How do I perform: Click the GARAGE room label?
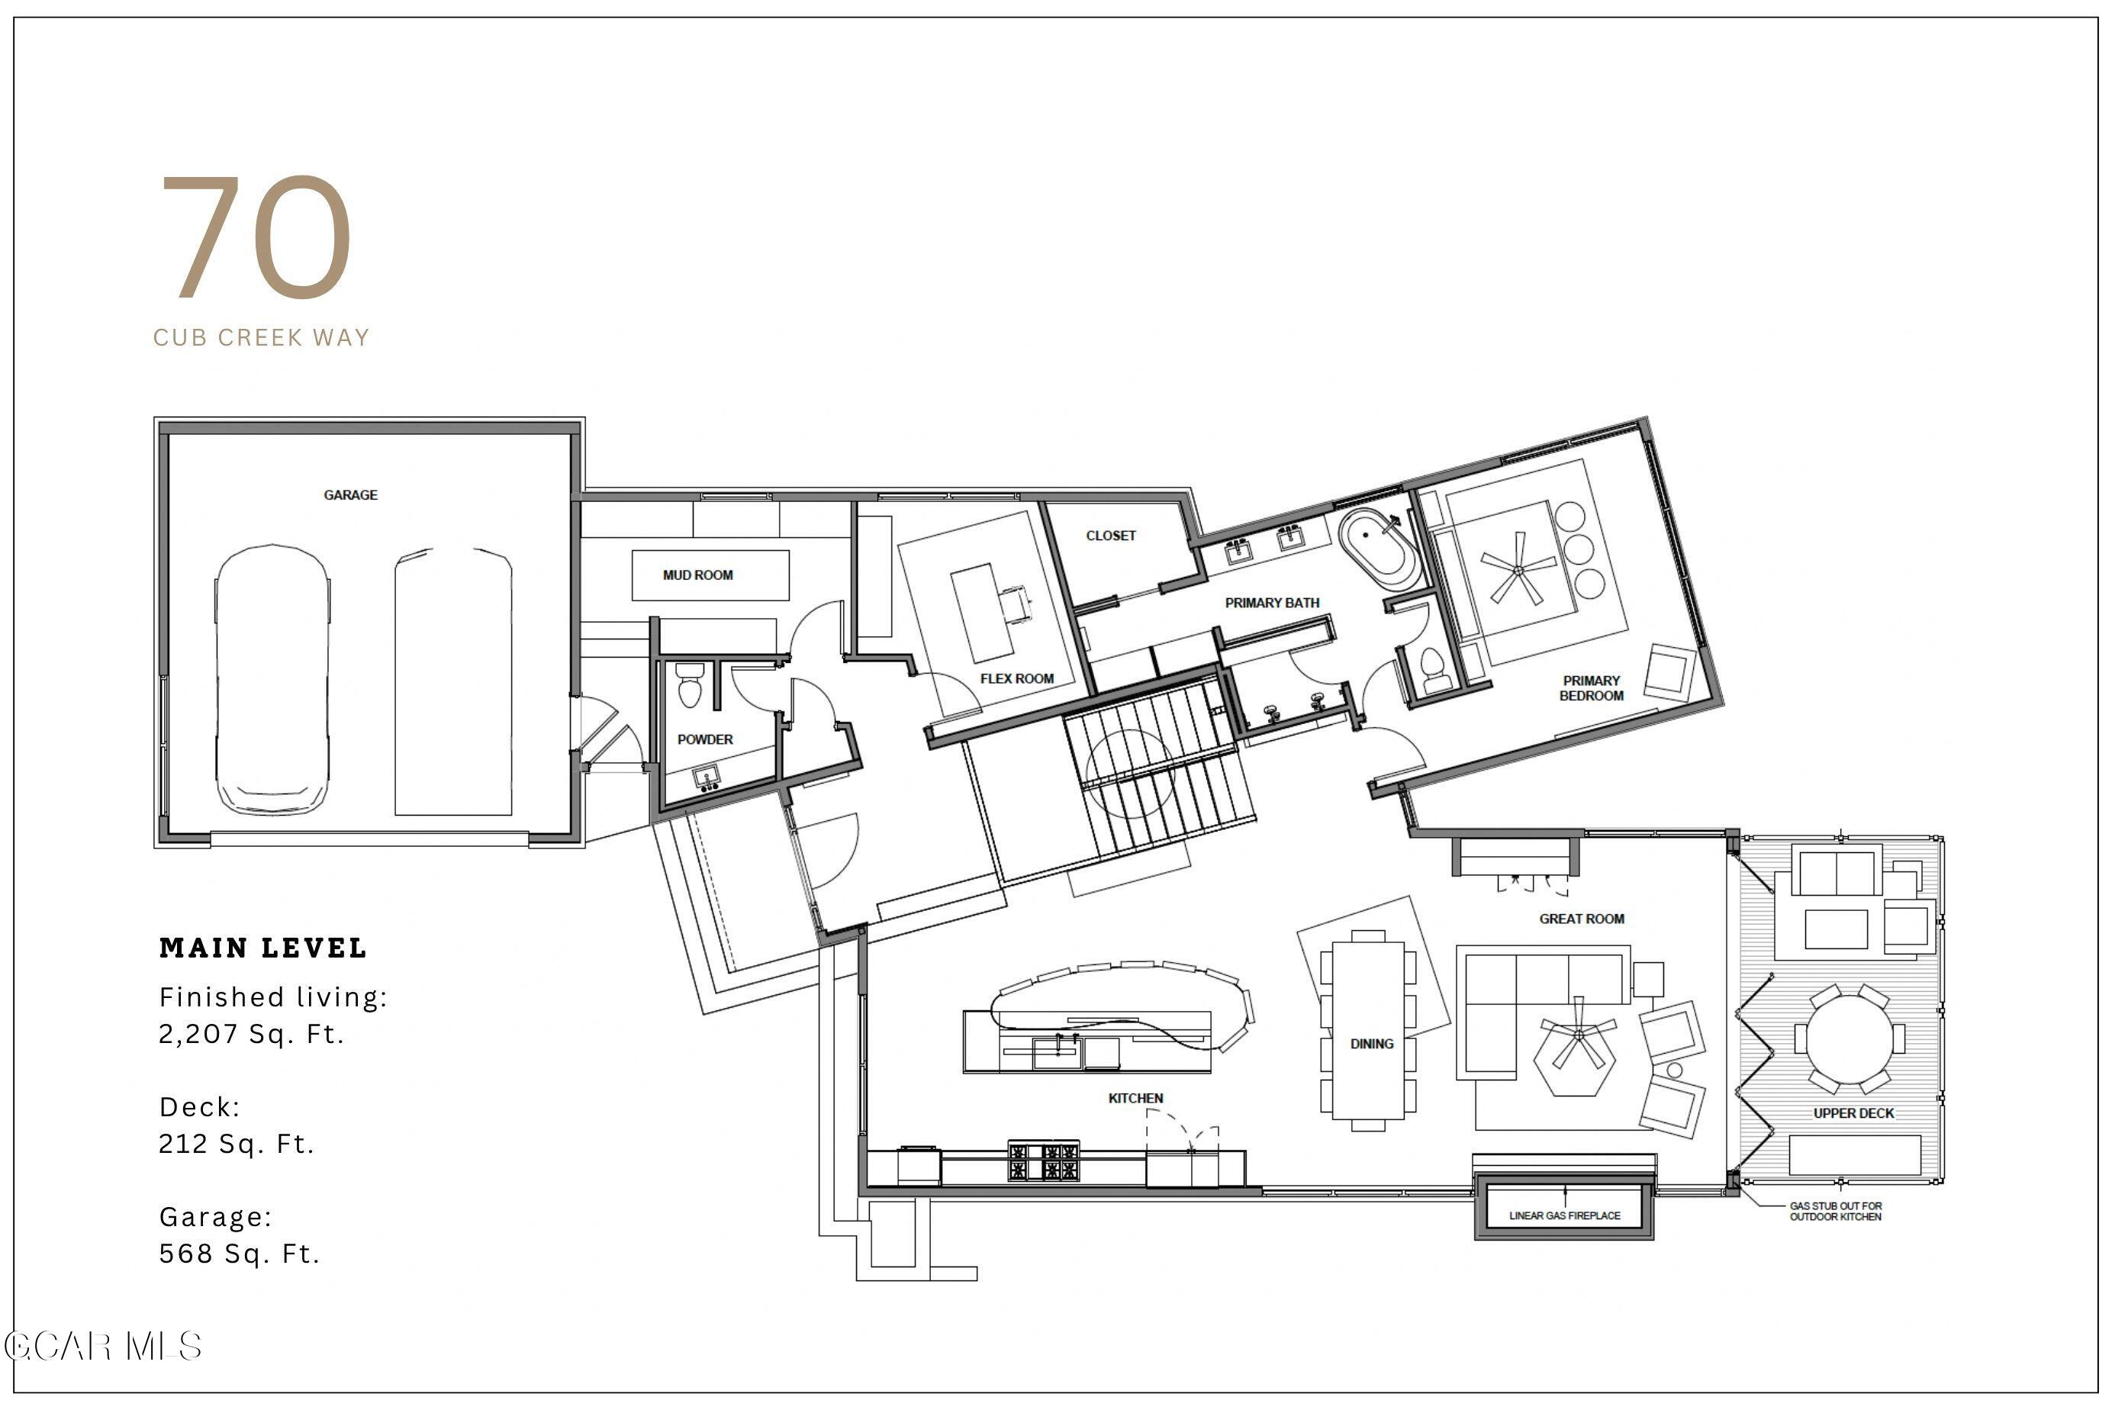(x=351, y=494)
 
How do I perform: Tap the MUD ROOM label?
(x=697, y=575)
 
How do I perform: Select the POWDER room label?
(x=705, y=739)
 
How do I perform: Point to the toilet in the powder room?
(x=690, y=685)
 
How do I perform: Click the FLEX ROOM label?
(x=1017, y=679)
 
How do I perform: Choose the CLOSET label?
(x=1110, y=536)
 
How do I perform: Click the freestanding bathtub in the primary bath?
(x=1378, y=549)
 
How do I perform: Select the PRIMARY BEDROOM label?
(x=1592, y=688)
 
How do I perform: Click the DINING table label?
(x=1371, y=1044)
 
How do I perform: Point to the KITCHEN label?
(x=1135, y=1098)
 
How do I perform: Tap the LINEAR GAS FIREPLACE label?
(x=1564, y=1215)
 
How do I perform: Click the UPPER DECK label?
(x=1854, y=1113)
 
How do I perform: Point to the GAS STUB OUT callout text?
(x=1835, y=1212)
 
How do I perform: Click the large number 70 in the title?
(x=256, y=237)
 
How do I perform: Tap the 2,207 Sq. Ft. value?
(x=252, y=1034)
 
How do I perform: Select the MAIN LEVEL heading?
(x=263, y=948)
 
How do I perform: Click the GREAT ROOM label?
(x=1582, y=919)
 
